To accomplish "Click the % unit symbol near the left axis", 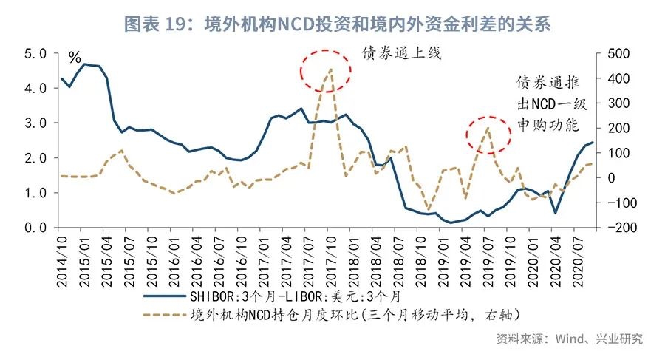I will pos(75,58).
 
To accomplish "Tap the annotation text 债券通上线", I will pos(400,54).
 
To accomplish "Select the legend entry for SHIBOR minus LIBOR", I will pos(296,297).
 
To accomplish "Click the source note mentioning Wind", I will pos(569,339).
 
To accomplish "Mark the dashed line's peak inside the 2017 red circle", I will pos(330,69).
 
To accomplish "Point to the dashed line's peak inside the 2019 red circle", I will pos(488,129).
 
